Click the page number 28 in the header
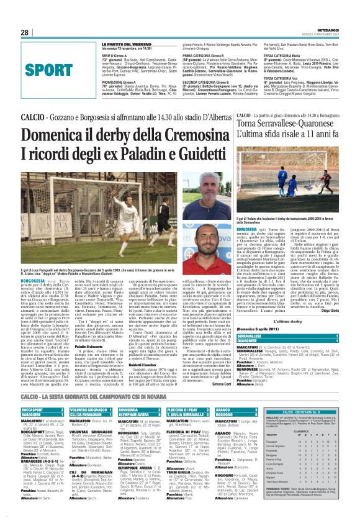(x=25, y=32)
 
